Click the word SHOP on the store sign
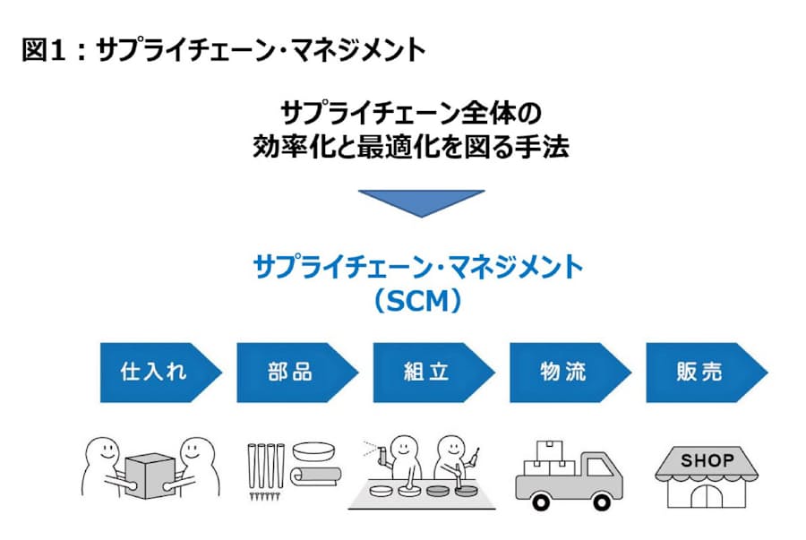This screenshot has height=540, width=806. pyautogui.click(x=707, y=461)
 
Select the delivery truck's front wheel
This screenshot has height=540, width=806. pyautogui.click(x=604, y=501)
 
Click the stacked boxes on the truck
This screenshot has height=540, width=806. pyautogui.click(x=548, y=459)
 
